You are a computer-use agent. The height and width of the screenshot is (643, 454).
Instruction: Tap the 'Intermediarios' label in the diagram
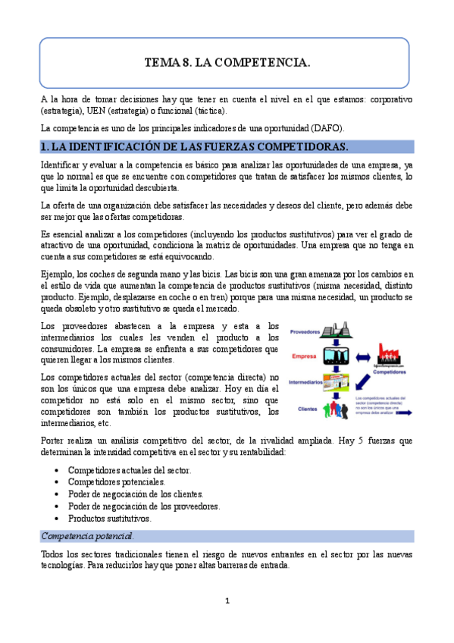[305, 382]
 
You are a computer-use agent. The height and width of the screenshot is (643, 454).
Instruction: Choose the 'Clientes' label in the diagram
[307, 408]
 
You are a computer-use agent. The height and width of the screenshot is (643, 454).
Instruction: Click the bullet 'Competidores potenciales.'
[117, 481]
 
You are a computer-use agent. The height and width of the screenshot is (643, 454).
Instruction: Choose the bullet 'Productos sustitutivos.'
[109, 519]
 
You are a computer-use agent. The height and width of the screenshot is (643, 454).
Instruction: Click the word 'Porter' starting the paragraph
[54, 441]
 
